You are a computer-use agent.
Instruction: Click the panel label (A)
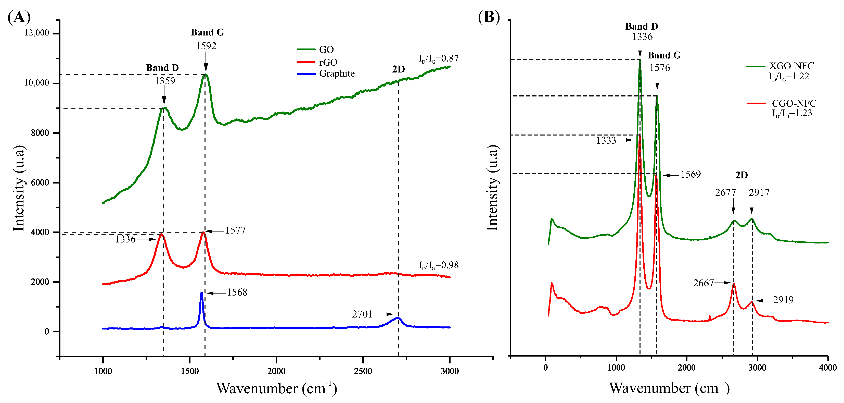coord(19,17)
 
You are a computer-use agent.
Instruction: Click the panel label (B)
coord(489,17)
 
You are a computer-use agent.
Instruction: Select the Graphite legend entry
coord(337,74)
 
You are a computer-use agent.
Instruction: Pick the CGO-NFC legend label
coord(794,103)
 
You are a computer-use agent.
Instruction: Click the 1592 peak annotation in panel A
coord(206,46)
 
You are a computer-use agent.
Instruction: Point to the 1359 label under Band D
coord(165,81)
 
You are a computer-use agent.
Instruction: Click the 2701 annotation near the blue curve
coord(362,314)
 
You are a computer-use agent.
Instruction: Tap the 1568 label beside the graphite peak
coord(237,292)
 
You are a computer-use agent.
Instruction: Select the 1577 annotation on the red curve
coord(235,230)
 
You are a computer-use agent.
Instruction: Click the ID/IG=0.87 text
coord(438,59)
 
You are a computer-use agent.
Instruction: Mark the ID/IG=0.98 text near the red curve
coord(438,265)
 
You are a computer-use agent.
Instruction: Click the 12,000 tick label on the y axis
coord(36,33)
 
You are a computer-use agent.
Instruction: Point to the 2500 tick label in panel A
coord(363,371)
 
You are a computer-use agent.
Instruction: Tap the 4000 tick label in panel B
coord(828,368)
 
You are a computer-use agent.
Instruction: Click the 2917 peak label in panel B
coord(759,192)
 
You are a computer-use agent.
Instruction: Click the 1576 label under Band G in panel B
coord(660,68)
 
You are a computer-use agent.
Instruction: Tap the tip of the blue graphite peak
coord(201,292)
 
